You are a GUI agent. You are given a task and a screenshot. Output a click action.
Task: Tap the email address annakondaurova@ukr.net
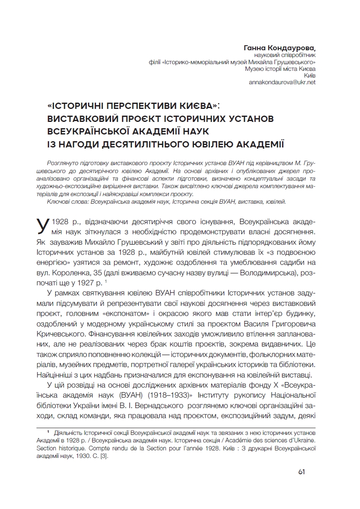(282, 82)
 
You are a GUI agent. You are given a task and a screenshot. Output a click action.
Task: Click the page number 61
(301, 471)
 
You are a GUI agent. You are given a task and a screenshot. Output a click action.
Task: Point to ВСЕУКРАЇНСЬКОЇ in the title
(97, 132)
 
